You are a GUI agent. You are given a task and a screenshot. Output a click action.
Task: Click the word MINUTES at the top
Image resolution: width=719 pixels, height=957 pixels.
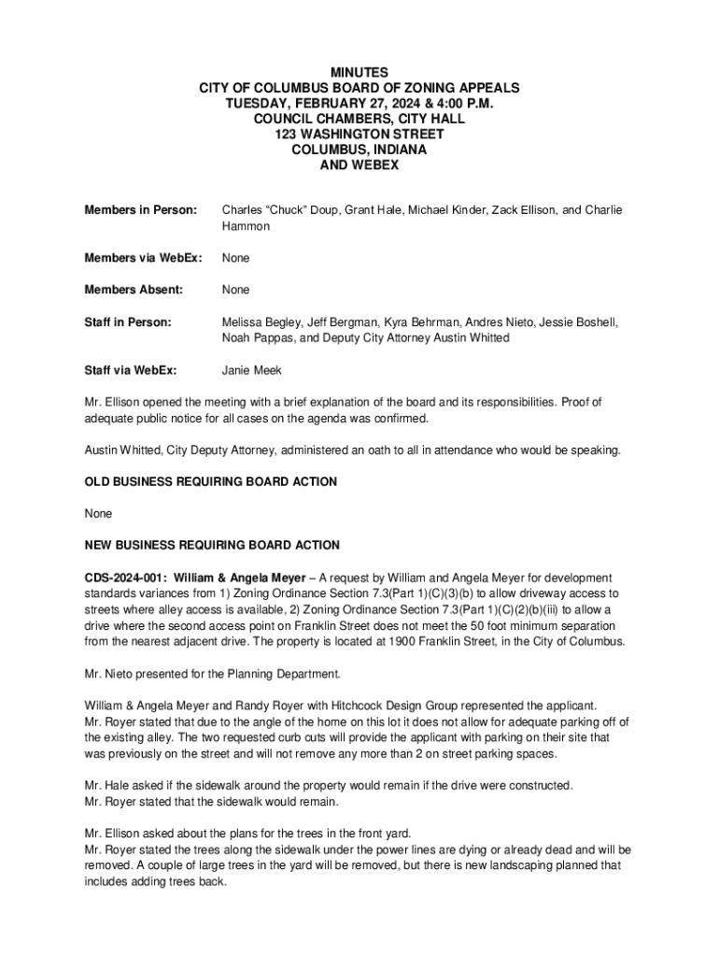(359, 72)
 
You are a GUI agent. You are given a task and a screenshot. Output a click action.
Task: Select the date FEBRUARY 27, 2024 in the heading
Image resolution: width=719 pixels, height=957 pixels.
(333, 104)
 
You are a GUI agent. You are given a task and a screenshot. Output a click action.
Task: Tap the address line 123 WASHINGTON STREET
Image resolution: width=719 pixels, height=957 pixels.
(359, 135)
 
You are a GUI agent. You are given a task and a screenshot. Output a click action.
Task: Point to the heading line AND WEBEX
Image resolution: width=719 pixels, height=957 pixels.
(359, 165)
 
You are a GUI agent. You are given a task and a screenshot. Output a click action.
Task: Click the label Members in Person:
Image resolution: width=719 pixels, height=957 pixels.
(141, 210)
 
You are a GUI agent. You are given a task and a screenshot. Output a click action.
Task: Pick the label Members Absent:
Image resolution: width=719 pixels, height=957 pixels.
(134, 290)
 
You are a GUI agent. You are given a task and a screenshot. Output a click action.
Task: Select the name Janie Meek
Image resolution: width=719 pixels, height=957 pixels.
(252, 370)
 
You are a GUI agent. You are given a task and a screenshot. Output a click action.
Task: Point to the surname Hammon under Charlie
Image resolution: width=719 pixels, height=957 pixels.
(246, 226)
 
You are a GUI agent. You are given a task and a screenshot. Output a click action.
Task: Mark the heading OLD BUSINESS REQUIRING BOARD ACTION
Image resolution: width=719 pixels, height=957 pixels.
(211, 481)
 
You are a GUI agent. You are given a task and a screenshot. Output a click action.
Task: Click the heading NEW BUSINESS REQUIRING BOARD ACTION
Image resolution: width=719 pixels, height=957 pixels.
(212, 545)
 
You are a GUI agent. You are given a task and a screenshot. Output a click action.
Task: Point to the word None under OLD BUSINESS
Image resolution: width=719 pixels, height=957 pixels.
(98, 513)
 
